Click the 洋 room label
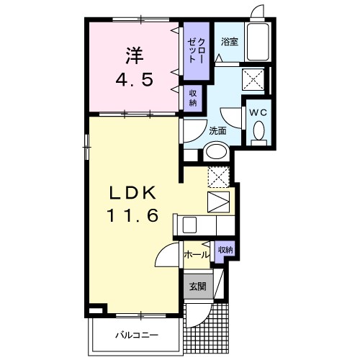135,55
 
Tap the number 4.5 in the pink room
135,80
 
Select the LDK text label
132,193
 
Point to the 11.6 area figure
132,215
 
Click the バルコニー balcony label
137,335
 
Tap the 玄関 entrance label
197,287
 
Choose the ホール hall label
197,255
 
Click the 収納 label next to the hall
225,250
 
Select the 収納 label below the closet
193,98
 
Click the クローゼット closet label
196,51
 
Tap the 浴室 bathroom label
230,42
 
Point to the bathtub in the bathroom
258,42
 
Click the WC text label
258,112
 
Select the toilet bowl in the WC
259,131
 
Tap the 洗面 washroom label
217,131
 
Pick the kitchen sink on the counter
189,225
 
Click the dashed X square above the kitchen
218,176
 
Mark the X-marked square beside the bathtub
253,79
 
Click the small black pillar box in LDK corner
98,309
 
